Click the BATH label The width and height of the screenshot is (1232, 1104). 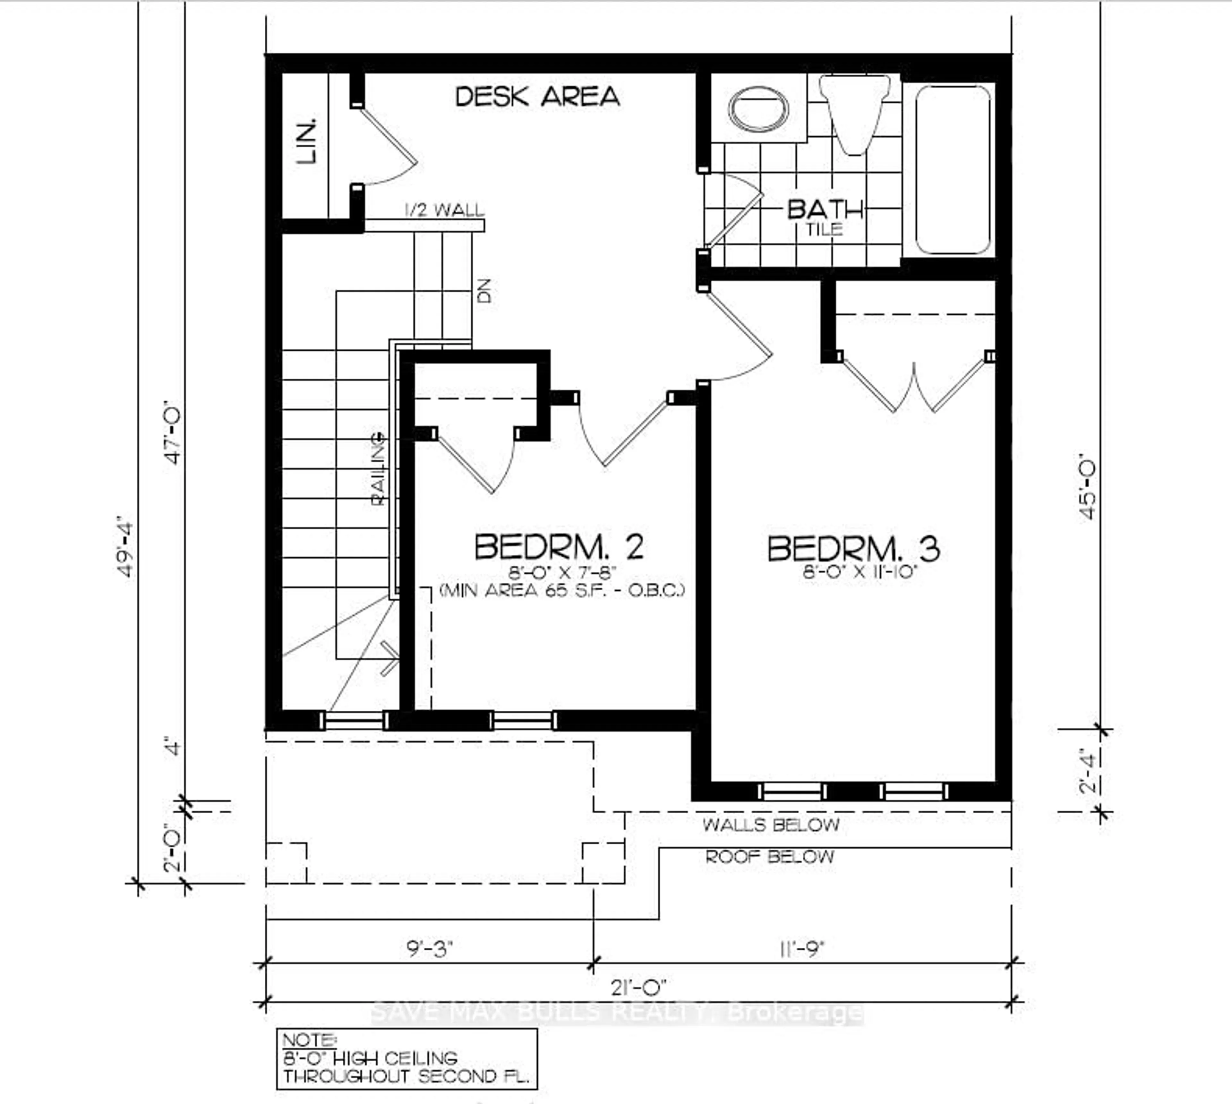825,210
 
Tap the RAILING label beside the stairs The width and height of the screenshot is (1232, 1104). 379,468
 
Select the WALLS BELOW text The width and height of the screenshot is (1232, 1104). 770,825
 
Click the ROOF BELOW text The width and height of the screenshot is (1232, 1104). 769,857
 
